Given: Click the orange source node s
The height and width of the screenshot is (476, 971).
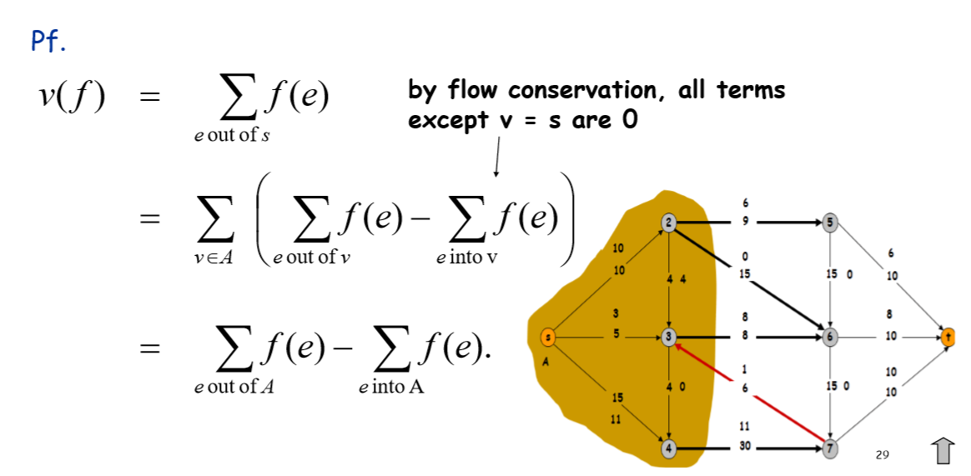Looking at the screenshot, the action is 548,338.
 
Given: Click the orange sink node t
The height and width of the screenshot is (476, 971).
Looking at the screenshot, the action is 948,337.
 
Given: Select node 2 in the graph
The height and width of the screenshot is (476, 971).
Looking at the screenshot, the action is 669,223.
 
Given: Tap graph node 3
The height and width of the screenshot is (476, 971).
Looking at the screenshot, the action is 669,338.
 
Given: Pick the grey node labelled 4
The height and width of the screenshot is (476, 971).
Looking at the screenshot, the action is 669,448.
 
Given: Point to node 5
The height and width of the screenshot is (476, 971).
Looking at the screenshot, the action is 830,223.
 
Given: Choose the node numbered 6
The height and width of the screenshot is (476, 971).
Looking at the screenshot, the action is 830,338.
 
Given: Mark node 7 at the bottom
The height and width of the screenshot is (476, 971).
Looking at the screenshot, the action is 830,448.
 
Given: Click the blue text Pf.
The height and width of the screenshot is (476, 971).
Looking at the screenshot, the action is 48,42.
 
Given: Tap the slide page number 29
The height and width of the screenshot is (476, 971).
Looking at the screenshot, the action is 883,455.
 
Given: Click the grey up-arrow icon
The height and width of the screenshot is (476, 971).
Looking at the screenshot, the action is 942,450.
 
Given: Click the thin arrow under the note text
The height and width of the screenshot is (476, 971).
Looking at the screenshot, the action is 497,157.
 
